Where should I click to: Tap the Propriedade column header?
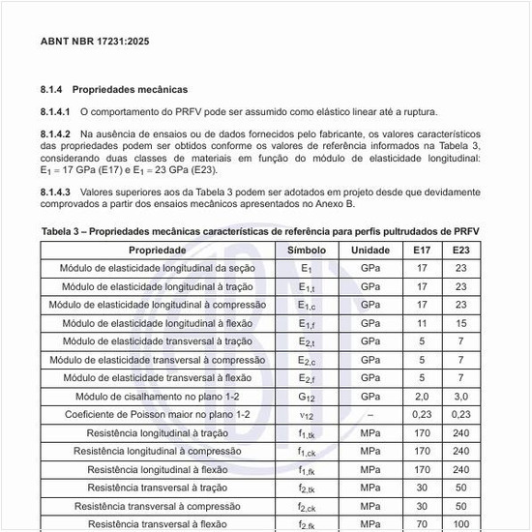coord(158,251)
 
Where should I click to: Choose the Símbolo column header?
coord(307,251)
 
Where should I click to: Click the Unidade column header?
coord(370,251)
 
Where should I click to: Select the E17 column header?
coord(422,251)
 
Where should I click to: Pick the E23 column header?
coord(461,251)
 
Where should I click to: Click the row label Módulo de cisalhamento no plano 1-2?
coord(158,397)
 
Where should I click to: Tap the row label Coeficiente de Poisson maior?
coord(158,414)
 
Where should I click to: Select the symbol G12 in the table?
coord(307,397)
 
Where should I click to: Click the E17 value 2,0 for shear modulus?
coord(422,397)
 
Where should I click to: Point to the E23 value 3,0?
coord(461,397)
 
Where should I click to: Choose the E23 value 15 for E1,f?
coord(461,323)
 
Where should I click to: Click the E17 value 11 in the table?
coord(422,323)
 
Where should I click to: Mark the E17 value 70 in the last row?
coord(422,523)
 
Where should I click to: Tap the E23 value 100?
coord(461,523)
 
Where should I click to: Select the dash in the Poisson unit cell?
coord(370,414)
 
